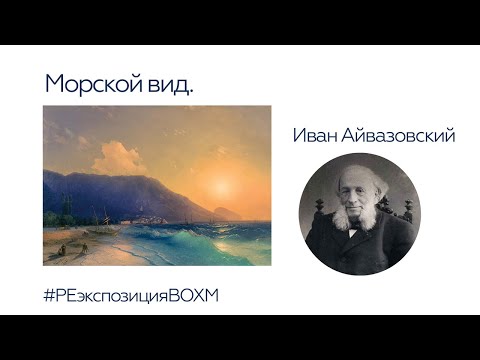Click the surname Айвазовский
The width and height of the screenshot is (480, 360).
(x=400, y=135)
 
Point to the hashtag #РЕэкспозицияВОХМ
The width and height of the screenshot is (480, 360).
(x=130, y=296)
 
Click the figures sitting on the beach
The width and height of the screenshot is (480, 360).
(x=62, y=245)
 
